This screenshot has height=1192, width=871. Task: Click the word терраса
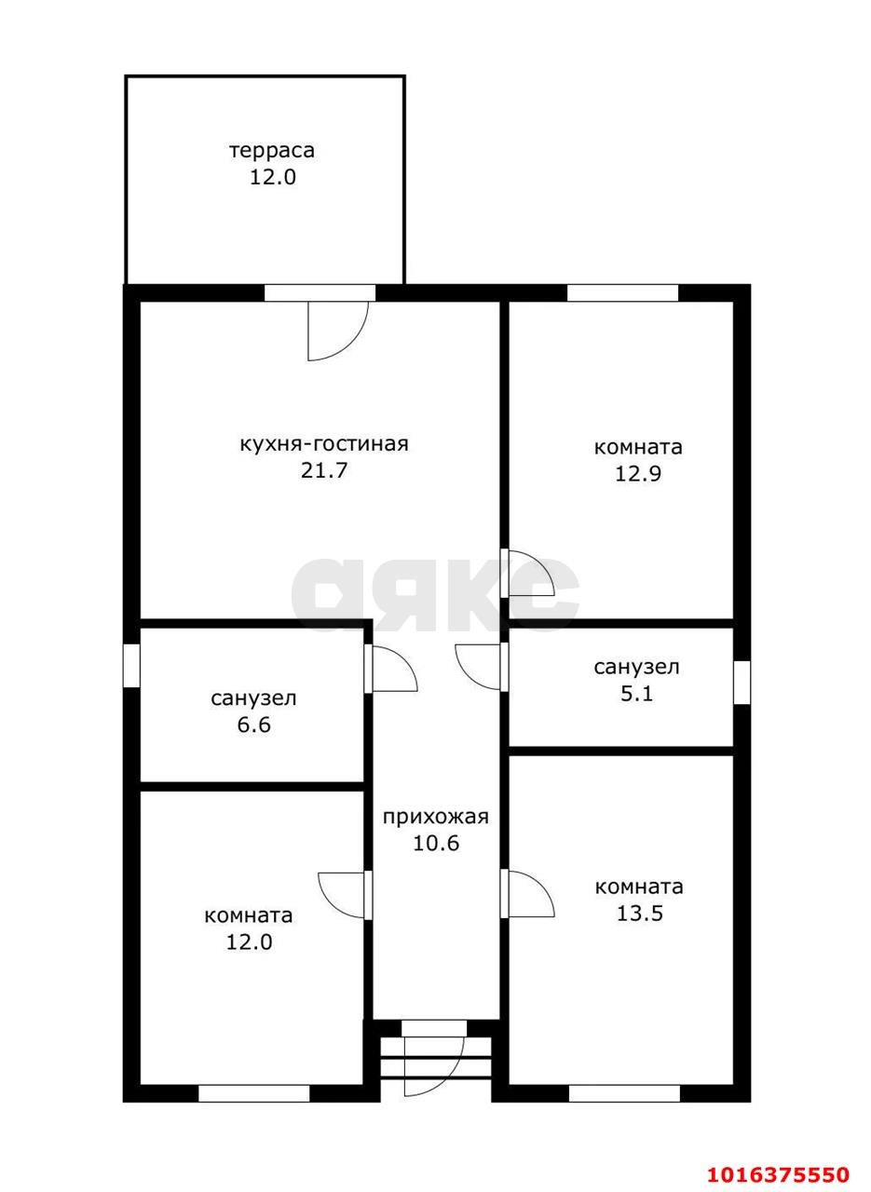pyautogui.click(x=272, y=151)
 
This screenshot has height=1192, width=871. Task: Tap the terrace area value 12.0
pyautogui.click(x=273, y=177)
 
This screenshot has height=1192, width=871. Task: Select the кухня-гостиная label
pyautogui.click(x=324, y=444)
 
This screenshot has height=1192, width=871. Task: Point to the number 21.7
pyautogui.click(x=323, y=470)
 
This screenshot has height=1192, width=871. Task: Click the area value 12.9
pyautogui.click(x=638, y=473)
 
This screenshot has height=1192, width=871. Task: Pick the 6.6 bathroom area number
pyautogui.click(x=254, y=725)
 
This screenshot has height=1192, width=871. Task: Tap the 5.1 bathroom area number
pyautogui.click(x=637, y=694)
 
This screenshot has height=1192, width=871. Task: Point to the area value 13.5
pyautogui.click(x=639, y=914)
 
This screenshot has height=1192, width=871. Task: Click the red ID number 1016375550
pyautogui.click(x=777, y=1171)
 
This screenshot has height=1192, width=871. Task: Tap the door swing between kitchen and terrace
pyautogui.click(x=338, y=331)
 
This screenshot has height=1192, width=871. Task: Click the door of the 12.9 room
pyautogui.click(x=528, y=573)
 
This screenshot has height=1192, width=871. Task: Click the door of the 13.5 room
pyautogui.click(x=528, y=894)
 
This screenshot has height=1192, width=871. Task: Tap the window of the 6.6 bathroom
pyautogui.click(x=131, y=665)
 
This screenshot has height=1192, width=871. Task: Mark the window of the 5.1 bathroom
pyautogui.click(x=742, y=683)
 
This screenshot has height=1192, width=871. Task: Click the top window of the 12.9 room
pyautogui.click(x=622, y=293)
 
